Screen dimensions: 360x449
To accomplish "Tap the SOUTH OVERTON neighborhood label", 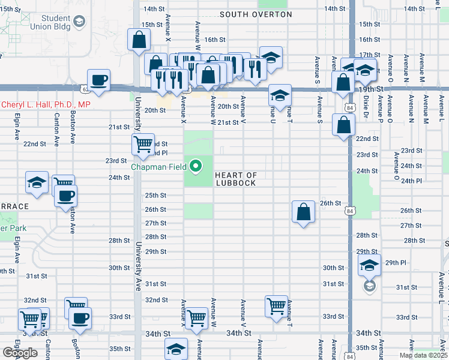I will pos(256,14).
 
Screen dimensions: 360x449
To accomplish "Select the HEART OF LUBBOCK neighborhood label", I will pos(236,179).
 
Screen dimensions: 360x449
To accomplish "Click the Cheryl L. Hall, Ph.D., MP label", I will pos(46,104).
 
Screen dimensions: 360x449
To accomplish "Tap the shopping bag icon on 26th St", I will pos(304,212).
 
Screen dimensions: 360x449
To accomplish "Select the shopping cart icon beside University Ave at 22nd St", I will pos(143,144).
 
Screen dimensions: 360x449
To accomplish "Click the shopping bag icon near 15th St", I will pos(139,41).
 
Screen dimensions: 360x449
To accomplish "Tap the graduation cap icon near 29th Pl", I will pos(370,265).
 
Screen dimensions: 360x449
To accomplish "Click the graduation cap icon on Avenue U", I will pos(280,95).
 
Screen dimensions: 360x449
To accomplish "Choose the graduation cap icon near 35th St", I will pos(176,350).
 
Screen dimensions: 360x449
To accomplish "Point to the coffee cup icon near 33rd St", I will pos(80,319).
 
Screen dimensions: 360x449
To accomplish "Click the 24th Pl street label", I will pos(411,181).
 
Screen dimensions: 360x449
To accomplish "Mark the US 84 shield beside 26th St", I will pos(350,211).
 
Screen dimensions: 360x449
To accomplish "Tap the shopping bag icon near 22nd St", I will pos(343,127).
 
